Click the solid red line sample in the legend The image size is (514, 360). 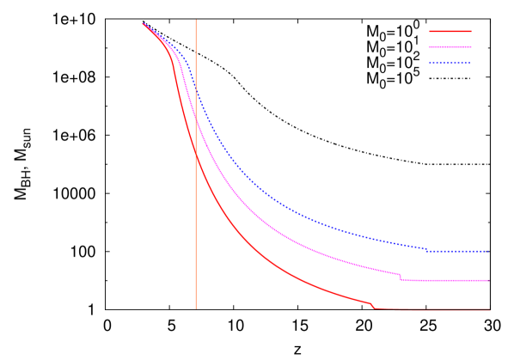450,31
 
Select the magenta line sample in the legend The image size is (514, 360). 450,46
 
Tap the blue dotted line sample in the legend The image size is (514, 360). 450,63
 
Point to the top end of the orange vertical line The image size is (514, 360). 196,21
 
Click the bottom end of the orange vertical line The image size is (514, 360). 196,308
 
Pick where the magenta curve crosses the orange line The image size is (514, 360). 196,120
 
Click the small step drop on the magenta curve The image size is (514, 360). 401,277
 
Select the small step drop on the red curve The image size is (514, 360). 373,305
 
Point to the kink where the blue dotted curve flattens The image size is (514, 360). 428,250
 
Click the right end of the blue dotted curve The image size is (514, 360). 488,251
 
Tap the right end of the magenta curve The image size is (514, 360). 488,280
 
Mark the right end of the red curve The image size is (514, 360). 489,308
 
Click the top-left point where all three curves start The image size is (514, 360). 143,23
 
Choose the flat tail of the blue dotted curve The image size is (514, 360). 459,251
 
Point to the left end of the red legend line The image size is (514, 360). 430,31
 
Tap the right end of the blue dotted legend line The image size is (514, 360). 470,63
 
